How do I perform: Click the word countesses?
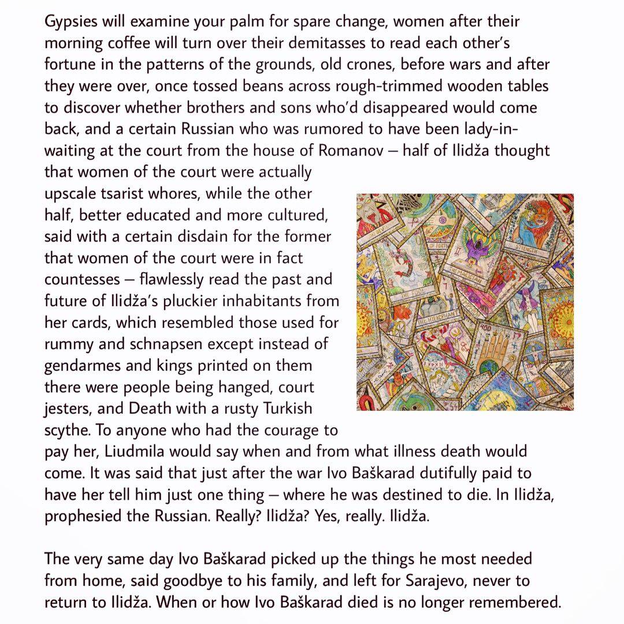[x=84, y=280]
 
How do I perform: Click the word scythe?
[x=64, y=430]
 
